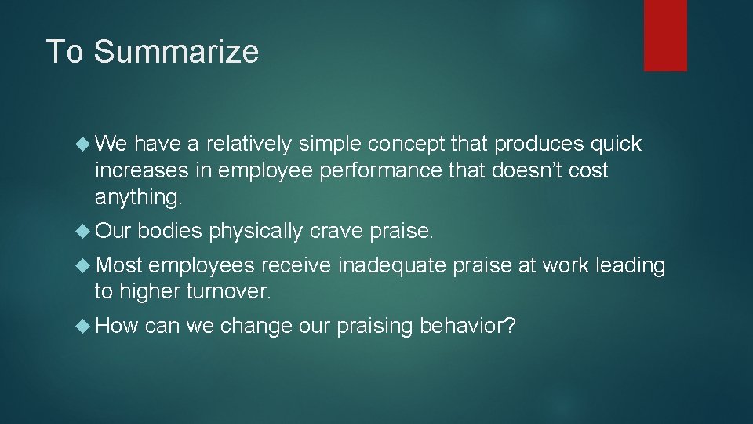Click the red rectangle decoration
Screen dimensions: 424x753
coord(665,35)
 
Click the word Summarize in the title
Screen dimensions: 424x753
coord(176,52)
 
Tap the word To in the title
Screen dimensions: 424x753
coord(66,52)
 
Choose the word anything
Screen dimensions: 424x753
coord(138,198)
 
